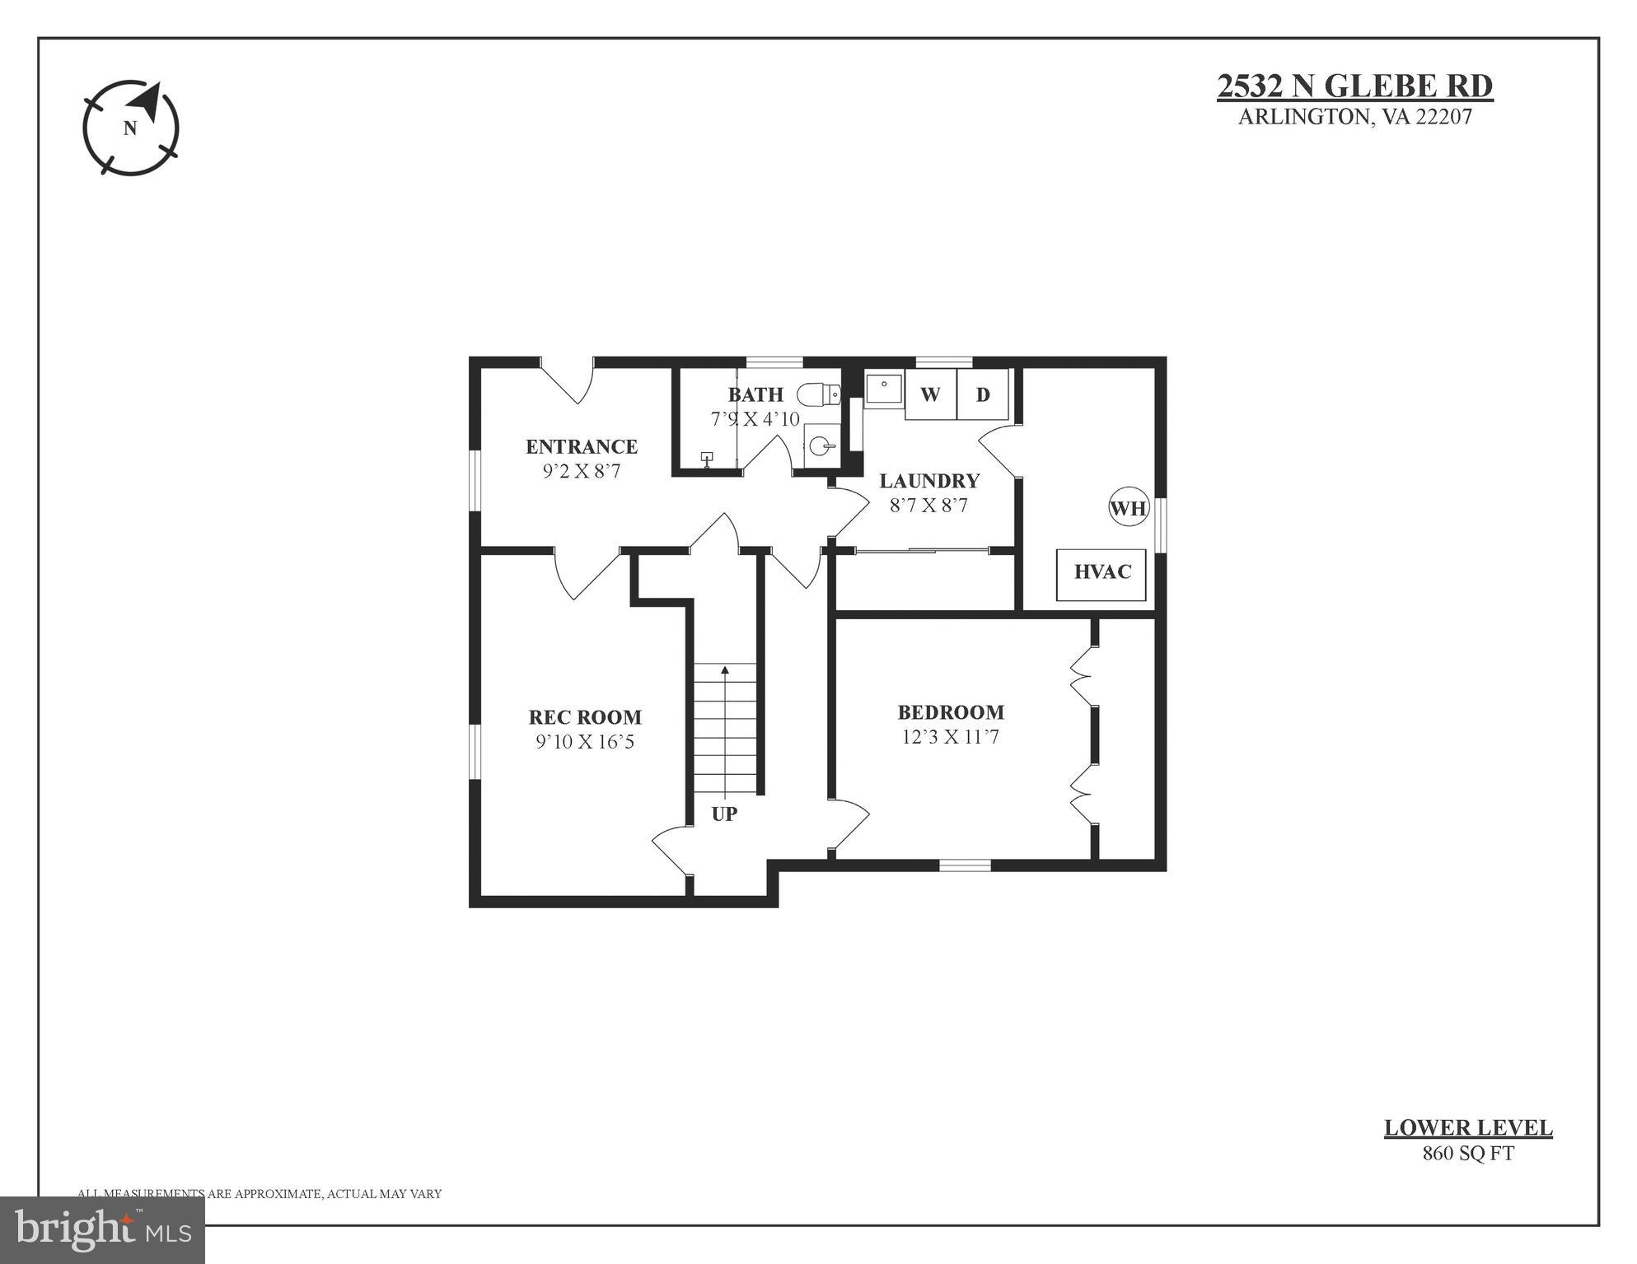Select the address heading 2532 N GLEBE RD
click(x=1354, y=86)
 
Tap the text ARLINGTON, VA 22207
click(x=1354, y=117)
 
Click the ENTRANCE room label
click(x=582, y=446)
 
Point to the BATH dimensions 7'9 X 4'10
click(x=755, y=419)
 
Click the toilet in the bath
click(x=819, y=394)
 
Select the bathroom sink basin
click(x=821, y=446)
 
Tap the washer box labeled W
click(x=930, y=394)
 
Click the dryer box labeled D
click(x=983, y=394)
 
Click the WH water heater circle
click(x=1128, y=508)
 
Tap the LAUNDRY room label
click(x=929, y=481)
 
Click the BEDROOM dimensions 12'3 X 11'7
click(x=950, y=737)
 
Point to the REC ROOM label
click(x=585, y=716)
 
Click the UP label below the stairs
click(x=724, y=814)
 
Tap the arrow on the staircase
click(x=725, y=671)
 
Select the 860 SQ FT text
click(x=1468, y=1153)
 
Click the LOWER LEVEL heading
click(x=1468, y=1128)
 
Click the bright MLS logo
click(x=102, y=1229)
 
